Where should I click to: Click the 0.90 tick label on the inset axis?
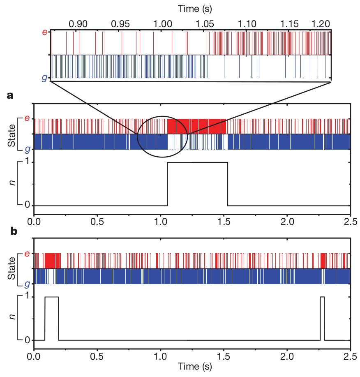(78, 23)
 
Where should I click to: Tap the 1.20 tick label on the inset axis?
(321, 23)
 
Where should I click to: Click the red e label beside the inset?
(45, 32)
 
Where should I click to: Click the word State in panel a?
(12, 134)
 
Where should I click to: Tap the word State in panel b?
(12, 269)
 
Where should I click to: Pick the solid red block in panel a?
(197, 126)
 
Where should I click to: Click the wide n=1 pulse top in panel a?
(197, 162)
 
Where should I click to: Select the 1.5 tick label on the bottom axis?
(224, 356)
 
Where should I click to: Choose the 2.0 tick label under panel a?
(287, 221)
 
